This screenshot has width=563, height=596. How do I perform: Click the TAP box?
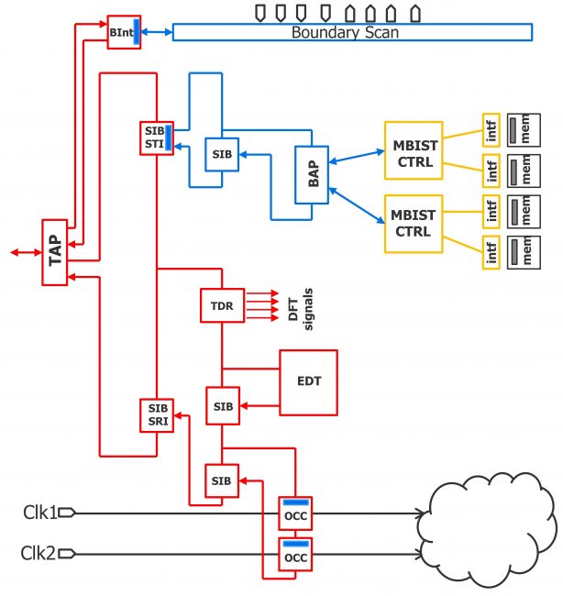tap(54, 251)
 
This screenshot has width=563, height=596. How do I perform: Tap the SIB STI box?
tap(156, 137)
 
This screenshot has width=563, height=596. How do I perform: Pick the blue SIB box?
tap(221, 155)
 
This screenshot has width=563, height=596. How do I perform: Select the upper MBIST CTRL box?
tap(413, 149)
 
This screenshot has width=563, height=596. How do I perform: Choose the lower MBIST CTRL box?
tap(413, 223)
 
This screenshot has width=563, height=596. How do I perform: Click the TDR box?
tap(222, 305)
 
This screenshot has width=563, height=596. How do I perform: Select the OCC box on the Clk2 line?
tap(295, 556)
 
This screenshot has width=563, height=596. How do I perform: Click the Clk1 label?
tap(40, 513)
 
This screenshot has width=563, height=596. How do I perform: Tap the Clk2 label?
tap(40, 553)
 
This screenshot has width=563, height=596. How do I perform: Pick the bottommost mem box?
tap(525, 250)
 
